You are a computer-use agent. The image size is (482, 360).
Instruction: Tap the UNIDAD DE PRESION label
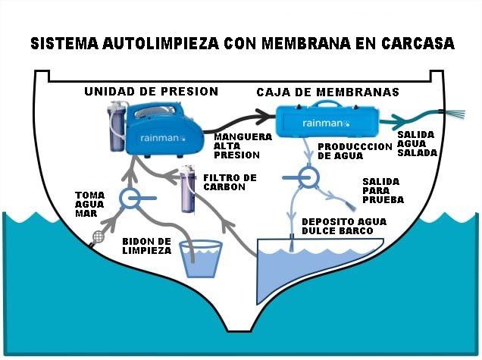click(151, 92)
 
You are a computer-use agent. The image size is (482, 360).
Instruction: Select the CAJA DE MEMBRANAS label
click(327, 92)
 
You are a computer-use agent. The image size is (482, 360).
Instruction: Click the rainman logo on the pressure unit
click(160, 139)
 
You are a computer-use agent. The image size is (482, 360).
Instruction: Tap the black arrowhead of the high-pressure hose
click(264, 115)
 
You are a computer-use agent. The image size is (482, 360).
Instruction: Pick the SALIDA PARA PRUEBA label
click(382, 191)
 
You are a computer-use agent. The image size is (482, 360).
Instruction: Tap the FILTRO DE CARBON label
click(230, 182)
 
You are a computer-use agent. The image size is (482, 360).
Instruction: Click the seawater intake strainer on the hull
click(97, 237)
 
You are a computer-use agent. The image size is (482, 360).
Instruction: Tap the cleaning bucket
click(201, 258)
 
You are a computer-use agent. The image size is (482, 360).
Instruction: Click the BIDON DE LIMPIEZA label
click(146, 245)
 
